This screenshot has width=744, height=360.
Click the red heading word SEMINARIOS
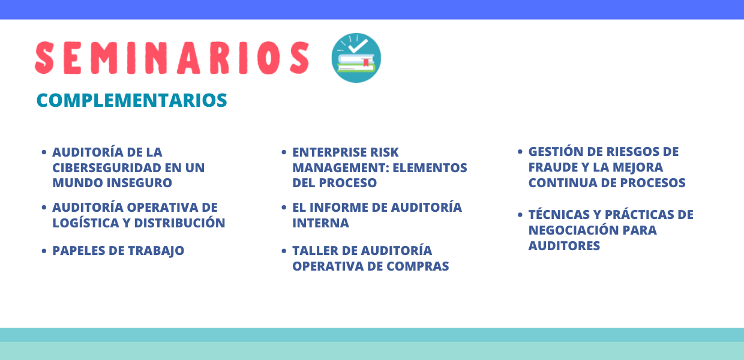point(172,58)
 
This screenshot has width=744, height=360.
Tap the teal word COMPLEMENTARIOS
point(131,100)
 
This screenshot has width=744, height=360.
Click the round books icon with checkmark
point(356,58)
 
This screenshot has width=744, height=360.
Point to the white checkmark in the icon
point(358,46)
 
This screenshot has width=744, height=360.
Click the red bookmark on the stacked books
point(366,62)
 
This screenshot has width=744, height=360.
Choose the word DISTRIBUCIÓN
point(179,223)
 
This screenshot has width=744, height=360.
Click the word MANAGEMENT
point(341,168)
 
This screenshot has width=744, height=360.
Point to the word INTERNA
point(320,223)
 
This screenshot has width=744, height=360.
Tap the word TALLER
point(315,251)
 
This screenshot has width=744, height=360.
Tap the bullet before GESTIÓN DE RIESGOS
point(520,152)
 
